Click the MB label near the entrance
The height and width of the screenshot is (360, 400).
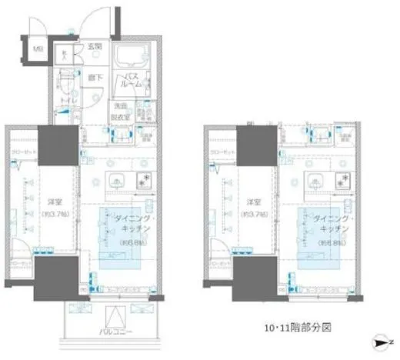click(x=37, y=52)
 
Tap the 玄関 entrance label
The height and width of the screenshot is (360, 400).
click(x=92, y=48)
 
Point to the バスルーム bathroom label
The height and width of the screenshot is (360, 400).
click(x=133, y=80)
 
